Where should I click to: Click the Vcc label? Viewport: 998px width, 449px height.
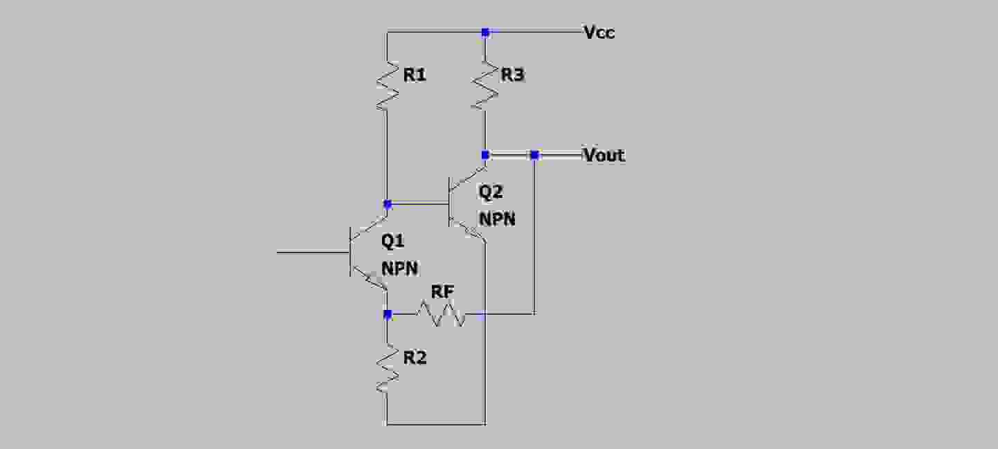599,33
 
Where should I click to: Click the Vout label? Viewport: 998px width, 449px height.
604,155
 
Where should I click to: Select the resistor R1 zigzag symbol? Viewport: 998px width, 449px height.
387,85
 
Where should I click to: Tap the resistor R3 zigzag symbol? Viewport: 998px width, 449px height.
485,85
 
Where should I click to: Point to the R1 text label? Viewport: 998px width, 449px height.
414,75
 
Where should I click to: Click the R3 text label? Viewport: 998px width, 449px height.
512,75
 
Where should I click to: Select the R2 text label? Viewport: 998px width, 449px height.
415,358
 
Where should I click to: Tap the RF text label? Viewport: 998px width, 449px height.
443,292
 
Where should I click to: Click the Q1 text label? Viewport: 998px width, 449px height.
392,241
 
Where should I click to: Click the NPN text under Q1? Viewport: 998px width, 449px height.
399,268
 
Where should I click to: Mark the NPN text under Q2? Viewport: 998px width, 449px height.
497,219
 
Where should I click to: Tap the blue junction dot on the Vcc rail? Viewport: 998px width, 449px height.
485,32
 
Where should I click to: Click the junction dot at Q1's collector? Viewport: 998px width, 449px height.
388,204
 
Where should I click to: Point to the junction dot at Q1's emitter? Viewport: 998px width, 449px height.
388,314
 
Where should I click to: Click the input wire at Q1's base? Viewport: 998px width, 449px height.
311,253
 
